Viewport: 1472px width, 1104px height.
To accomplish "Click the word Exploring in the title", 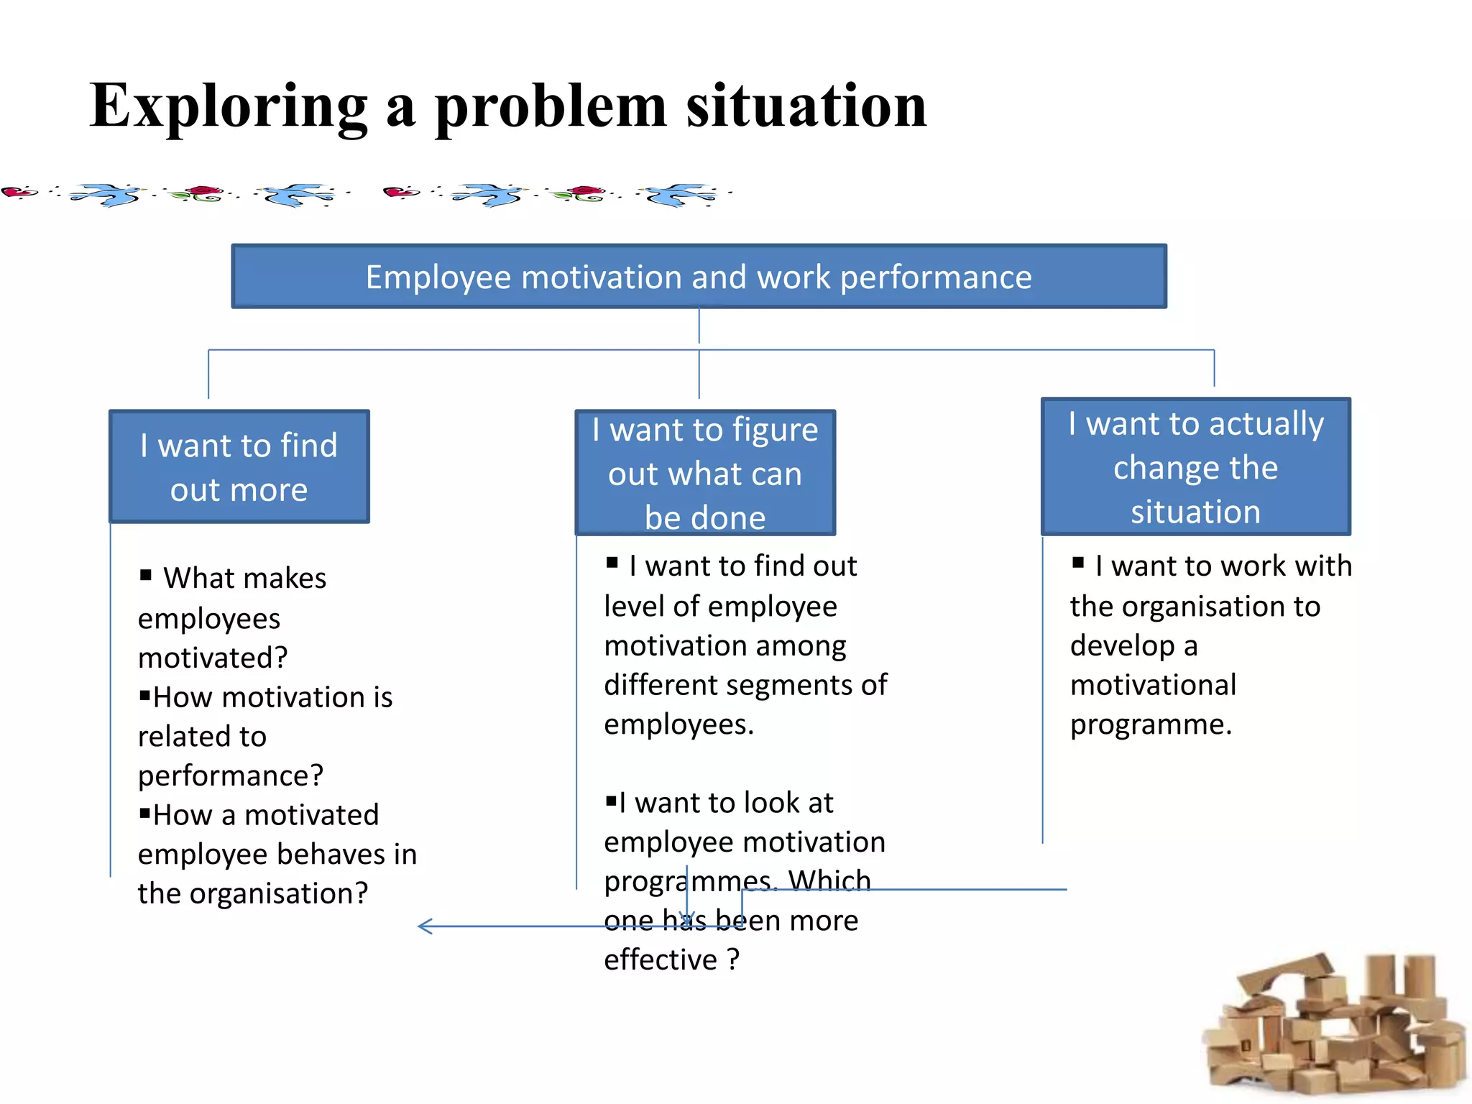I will click(229, 106).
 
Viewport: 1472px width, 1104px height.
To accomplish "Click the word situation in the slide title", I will click(806, 106).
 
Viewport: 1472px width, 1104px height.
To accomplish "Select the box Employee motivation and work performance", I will click(699, 277).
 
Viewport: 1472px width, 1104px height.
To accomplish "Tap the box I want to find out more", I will click(239, 466).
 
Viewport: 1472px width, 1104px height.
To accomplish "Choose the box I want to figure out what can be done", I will click(705, 472).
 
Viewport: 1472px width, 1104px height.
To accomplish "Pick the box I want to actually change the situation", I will click(1195, 466).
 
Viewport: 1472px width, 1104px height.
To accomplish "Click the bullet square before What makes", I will click(146, 575).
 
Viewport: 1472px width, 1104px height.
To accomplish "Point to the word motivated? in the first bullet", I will click(213, 658).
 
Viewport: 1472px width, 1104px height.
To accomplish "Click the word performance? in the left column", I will click(231, 776).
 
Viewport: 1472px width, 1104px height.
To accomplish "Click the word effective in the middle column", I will click(661, 960).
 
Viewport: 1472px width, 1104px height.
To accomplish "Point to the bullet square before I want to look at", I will click(611, 801).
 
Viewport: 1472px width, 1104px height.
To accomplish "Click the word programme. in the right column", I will click(1151, 724).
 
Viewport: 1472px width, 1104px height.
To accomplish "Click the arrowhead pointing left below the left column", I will click(424, 926).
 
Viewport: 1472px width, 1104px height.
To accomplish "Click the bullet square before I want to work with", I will click(1077, 563).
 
